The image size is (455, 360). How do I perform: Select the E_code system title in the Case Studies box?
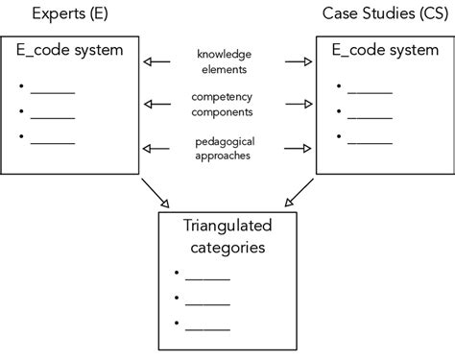pyautogui.click(x=386, y=50)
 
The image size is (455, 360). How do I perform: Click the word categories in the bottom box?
pyautogui.click(x=227, y=248)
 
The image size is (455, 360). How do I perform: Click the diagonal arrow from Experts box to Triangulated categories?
pyautogui.click(x=154, y=194)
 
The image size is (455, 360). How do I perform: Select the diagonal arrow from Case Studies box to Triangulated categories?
pyautogui.click(x=300, y=194)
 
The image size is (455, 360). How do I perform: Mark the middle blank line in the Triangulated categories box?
pyautogui.click(x=207, y=302)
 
